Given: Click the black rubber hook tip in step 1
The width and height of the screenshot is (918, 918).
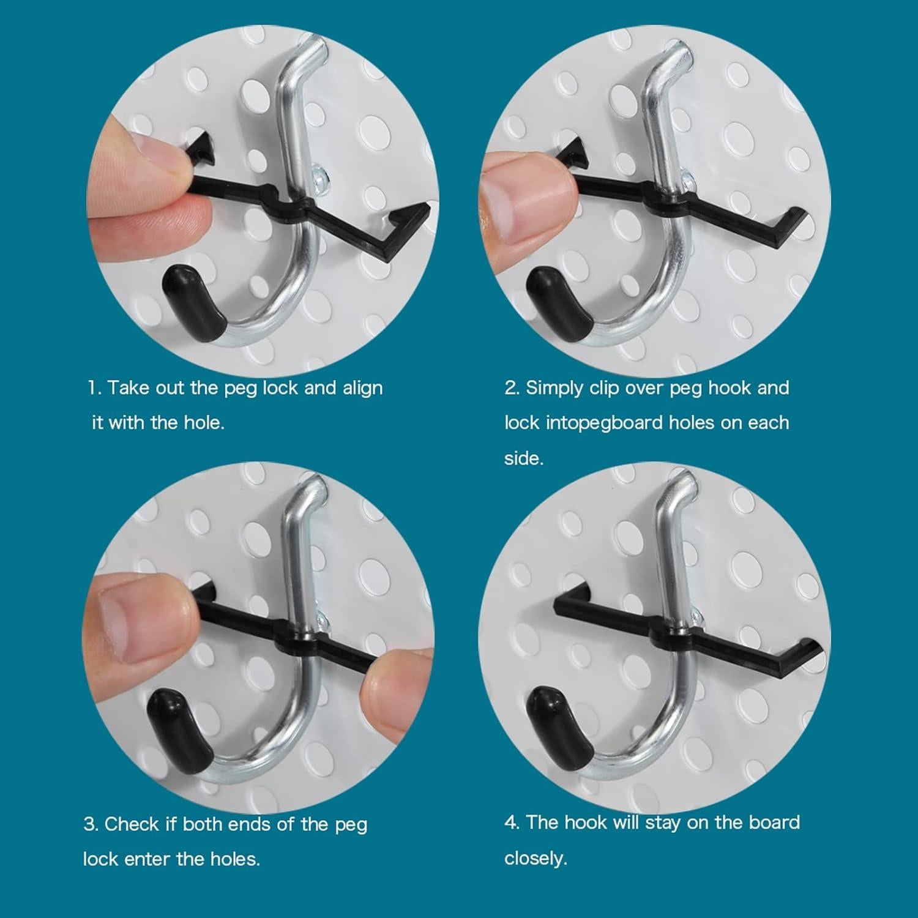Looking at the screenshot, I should click(x=192, y=300).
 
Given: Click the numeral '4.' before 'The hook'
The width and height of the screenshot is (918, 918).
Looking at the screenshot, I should click(x=512, y=822).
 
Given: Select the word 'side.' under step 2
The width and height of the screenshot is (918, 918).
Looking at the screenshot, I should click(x=524, y=458).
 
